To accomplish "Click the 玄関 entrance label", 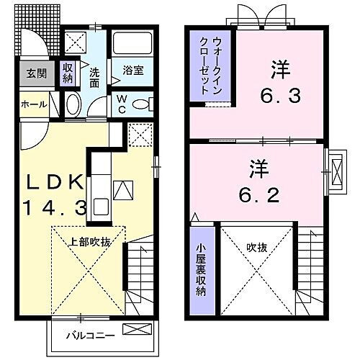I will coord(32,73).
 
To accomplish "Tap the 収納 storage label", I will coord(68,73).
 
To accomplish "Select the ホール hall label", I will coord(33,104).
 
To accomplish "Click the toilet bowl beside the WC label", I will coord(142,104).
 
